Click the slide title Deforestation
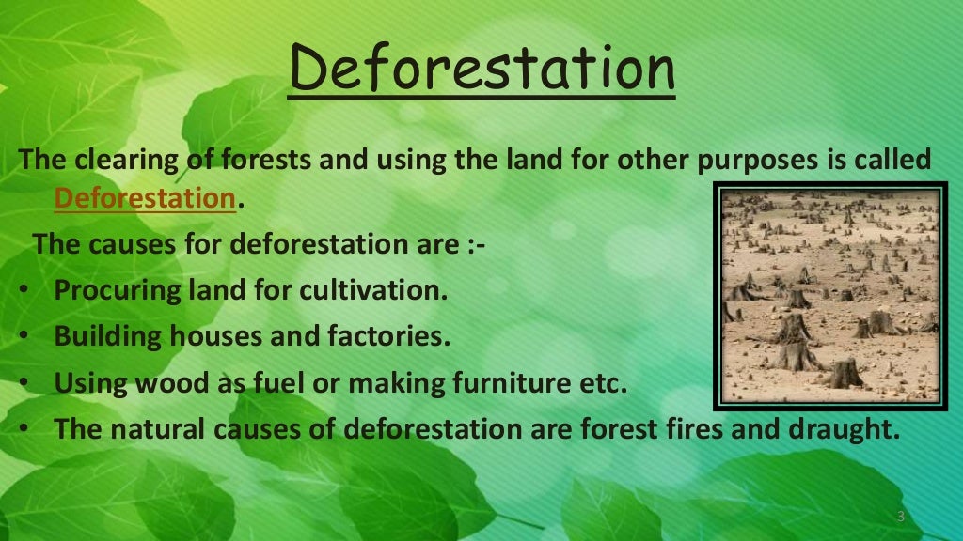pos(481,68)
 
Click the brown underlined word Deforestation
pos(144,199)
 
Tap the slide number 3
pos(900,518)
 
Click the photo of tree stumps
pos(831,295)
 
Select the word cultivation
pos(371,289)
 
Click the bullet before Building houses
pos(22,336)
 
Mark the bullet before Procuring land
pos(22,290)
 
